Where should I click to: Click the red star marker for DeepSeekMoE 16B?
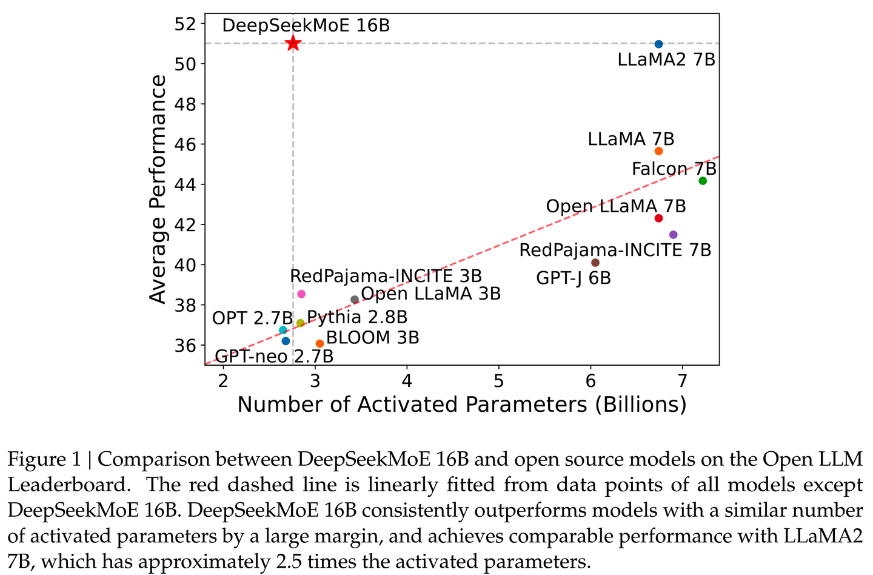[293, 43]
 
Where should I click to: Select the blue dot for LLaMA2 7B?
[659, 44]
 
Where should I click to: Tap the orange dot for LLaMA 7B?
[659, 151]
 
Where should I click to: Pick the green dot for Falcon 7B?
[703, 181]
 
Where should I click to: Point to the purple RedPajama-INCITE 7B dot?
[673, 235]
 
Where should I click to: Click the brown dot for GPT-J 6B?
[595, 263]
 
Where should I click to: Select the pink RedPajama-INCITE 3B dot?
[301, 294]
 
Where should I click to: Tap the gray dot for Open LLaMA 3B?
[355, 300]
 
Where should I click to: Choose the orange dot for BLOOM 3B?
[319, 343]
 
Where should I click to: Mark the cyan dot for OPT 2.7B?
[283, 330]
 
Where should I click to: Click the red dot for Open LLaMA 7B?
[659, 218]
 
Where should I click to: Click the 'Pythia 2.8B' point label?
[357, 317]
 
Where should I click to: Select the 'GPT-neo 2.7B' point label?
[274, 356]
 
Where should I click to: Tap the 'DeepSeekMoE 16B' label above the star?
[306, 25]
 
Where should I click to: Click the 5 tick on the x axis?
[499, 380]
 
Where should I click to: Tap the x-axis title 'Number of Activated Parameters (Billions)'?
[462, 405]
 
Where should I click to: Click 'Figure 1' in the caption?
[44, 459]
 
